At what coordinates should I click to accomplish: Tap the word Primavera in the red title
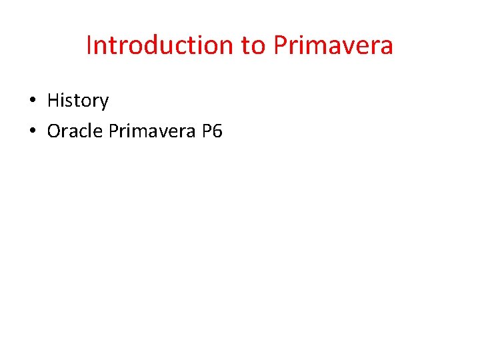(x=333, y=45)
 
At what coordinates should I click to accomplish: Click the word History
(x=78, y=101)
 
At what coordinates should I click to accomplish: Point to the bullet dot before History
(x=32, y=101)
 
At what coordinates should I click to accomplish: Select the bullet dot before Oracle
(x=32, y=132)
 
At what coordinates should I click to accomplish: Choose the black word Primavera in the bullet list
(x=151, y=131)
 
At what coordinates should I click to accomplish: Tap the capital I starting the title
(x=89, y=45)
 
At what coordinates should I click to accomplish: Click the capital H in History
(x=53, y=101)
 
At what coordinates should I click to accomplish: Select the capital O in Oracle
(x=54, y=131)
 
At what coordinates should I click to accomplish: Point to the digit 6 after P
(x=217, y=131)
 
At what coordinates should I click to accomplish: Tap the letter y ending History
(x=103, y=103)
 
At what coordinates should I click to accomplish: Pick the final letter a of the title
(x=387, y=47)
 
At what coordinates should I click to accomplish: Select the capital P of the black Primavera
(x=113, y=131)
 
